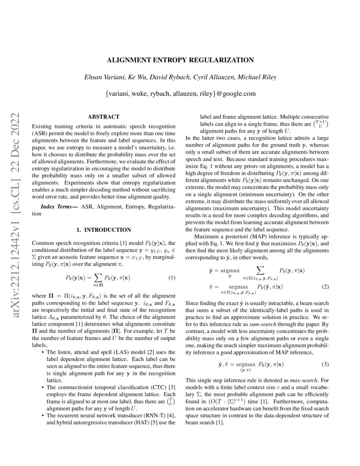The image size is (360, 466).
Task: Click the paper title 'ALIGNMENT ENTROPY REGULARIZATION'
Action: pyautogui.click(x=180, y=60)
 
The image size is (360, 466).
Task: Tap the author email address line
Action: pyautogui.click(x=180, y=93)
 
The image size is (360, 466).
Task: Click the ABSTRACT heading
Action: pyautogui.click(x=103, y=116)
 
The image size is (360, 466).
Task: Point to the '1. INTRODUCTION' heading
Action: pyautogui.click(x=103, y=230)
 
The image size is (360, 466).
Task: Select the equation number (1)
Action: pyautogui.click(x=172, y=278)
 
